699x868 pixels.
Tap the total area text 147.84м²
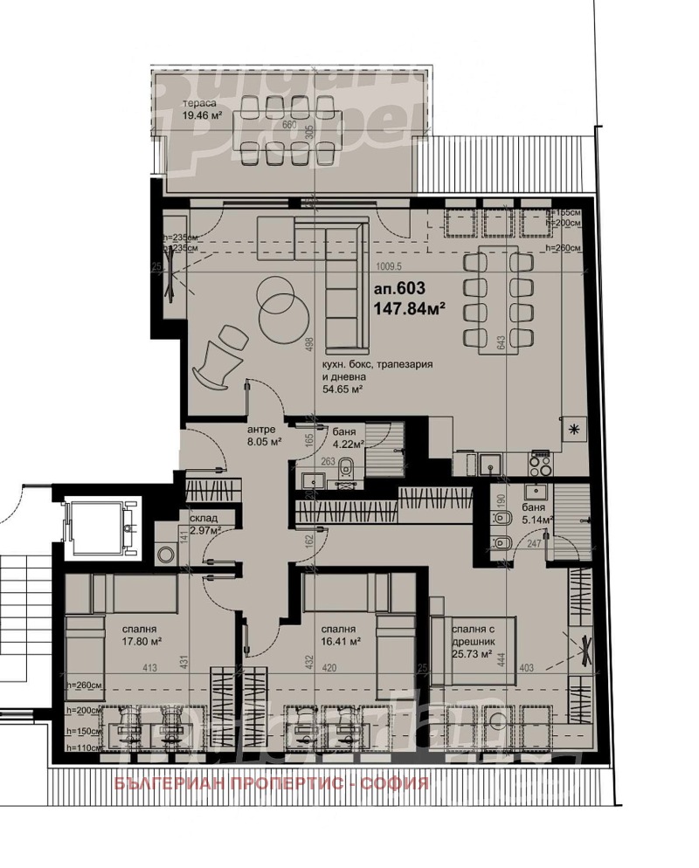point(410,308)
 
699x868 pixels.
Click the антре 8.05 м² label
point(262,436)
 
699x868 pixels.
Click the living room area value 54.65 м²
point(343,390)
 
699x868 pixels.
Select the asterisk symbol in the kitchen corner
point(574,427)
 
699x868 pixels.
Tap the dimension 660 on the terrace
point(291,125)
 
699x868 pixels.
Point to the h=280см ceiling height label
point(563,249)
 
